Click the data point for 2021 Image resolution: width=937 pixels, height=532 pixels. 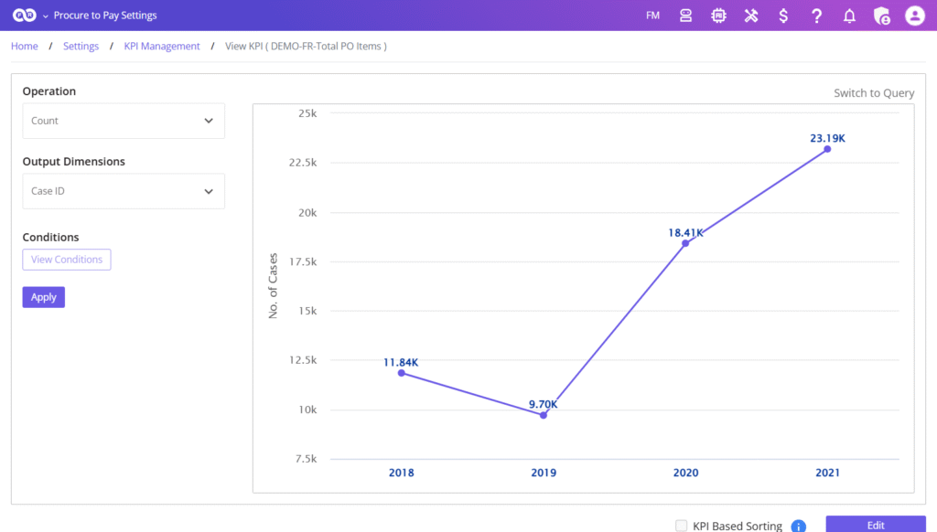(827, 149)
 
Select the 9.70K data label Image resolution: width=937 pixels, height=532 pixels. (544, 404)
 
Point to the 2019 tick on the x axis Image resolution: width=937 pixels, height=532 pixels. (544, 473)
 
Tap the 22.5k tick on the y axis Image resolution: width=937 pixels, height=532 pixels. (302, 163)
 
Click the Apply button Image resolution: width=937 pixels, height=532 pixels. (43, 297)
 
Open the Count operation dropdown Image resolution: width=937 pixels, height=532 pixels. (124, 121)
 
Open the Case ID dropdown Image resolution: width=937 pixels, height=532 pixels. (124, 192)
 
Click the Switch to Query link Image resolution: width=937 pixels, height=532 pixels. (873, 93)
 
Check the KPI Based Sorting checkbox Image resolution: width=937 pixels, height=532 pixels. (681, 526)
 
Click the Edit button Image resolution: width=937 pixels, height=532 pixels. (876, 525)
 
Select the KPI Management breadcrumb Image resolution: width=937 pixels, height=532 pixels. (162, 47)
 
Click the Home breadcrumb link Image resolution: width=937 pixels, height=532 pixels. (25, 47)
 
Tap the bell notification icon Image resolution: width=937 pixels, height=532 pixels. (849, 16)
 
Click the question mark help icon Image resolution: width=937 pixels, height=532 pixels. (816, 16)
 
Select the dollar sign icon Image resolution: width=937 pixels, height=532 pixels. (783, 16)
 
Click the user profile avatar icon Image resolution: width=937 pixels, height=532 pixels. (915, 16)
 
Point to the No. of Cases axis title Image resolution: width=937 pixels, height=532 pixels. (273, 286)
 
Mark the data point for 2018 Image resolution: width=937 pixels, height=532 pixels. (402, 373)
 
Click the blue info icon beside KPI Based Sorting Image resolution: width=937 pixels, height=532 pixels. (798, 527)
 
